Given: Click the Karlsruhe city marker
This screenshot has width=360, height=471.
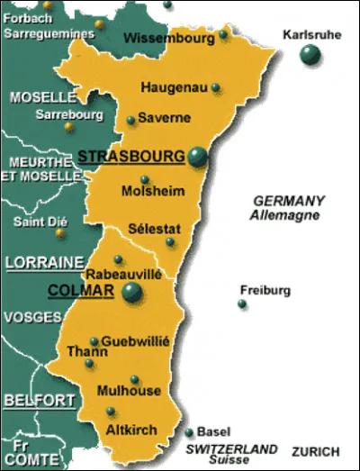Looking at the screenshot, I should [310, 56].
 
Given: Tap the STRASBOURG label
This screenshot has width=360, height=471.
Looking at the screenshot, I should [131, 156].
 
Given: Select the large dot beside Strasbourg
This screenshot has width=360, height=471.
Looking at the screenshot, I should [197, 159].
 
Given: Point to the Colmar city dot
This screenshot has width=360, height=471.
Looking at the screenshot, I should [132, 292].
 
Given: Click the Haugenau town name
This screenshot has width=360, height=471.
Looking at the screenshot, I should [171, 87].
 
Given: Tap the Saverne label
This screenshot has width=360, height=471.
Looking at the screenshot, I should [165, 118].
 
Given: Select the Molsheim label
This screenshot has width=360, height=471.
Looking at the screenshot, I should [158, 191].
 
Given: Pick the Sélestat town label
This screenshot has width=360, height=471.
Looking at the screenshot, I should [153, 228].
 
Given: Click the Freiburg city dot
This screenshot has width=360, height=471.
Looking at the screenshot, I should [242, 304].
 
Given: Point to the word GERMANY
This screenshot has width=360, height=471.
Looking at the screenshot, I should [288, 201].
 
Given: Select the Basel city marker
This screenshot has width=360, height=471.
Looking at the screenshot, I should [189, 432].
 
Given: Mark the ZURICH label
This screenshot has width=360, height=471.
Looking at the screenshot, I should [316, 451].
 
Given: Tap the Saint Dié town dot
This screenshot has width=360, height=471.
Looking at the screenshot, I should [60, 232].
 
